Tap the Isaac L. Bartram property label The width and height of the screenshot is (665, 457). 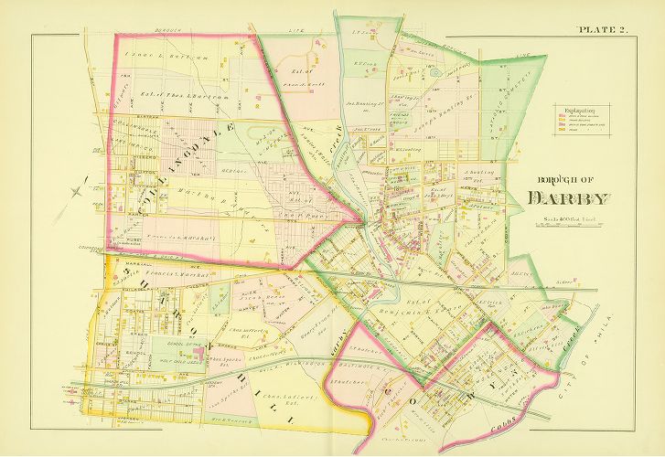click(156, 57)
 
